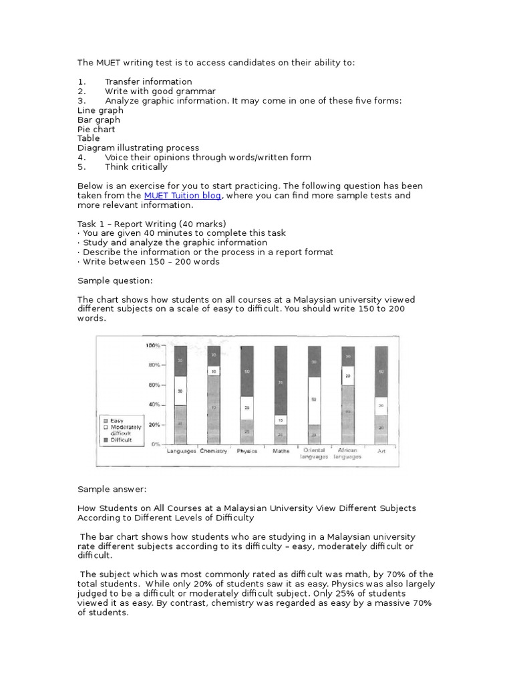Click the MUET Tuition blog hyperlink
[x=182, y=196]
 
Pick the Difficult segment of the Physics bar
[x=247, y=371]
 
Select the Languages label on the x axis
[x=180, y=452]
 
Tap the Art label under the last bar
[x=381, y=452]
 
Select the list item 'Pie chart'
[x=96, y=130]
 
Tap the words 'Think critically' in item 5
[x=136, y=167]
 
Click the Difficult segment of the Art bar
[x=381, y=371]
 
